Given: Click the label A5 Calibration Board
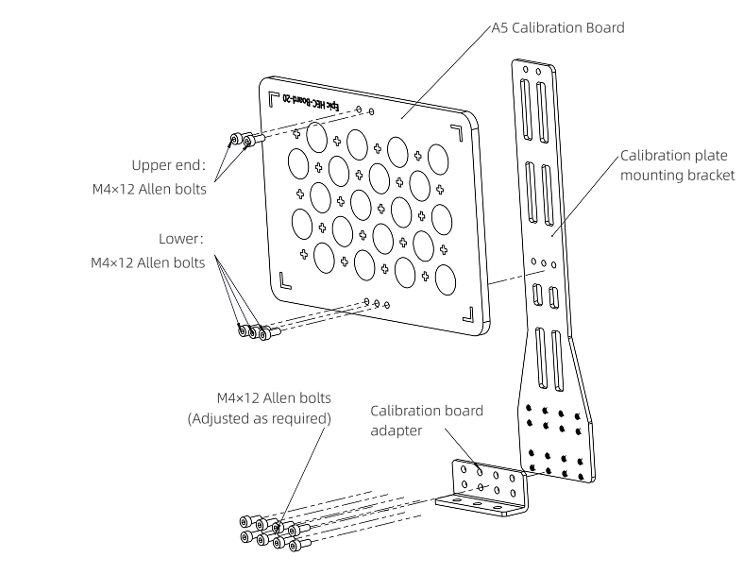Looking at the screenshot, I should click(x=558, y=27).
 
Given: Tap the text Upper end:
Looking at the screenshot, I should click(x=168, y=165).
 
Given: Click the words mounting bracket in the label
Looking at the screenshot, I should click(x=676, y=175).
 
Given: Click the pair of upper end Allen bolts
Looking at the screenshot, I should click(x=241, y=142).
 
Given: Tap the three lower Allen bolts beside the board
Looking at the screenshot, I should click(x=255, y=330).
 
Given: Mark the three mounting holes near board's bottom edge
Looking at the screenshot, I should click(x=377, y=304).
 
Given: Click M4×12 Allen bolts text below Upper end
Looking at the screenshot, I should click(x=147, y=188).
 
